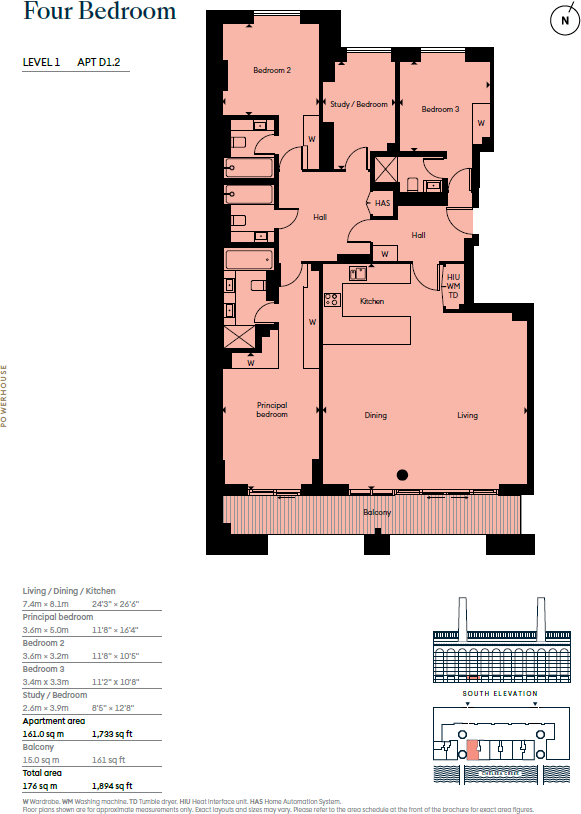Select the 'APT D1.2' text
[105, 62]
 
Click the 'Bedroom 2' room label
[271, 70]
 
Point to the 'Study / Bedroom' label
[358, 104]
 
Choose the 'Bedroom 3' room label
[440, 109]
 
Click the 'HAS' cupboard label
[381, 203]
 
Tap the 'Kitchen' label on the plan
[372, 301]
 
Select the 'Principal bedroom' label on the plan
[272, 410]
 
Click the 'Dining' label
[375, 415]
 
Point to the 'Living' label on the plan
[467, 415]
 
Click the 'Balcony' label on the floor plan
[377, 512]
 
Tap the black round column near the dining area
[402, 475]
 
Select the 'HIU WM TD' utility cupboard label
[453, 286]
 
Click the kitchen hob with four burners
[332, 298]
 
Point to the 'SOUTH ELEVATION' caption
[499, 693]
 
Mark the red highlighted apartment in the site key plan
[474, 748]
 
